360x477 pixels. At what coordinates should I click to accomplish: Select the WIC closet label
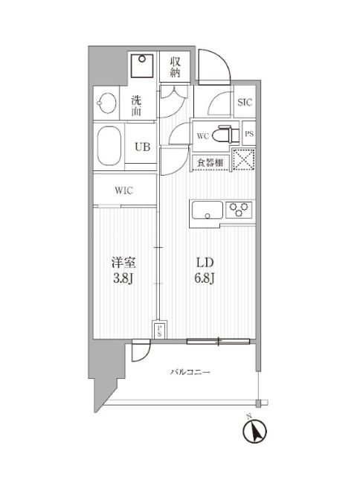click(124, 190)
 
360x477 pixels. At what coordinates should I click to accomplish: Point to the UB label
click(141, 147)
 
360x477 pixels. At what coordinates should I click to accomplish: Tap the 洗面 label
click(138, 105)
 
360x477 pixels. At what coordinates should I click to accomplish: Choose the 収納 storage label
click(176, 67)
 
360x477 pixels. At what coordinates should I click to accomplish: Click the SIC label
click(243, 103)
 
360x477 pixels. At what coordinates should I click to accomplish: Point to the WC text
click(202, 135)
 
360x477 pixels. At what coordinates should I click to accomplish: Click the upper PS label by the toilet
click(249, 135)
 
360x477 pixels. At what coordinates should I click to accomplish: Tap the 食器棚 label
click(211, 161)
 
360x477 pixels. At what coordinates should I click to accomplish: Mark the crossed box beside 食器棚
click(242, 161)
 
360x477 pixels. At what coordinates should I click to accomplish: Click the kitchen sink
click(207, 211)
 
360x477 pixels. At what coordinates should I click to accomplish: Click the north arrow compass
click(254, 432)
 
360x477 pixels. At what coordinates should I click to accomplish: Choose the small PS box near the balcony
click(160, 330)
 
